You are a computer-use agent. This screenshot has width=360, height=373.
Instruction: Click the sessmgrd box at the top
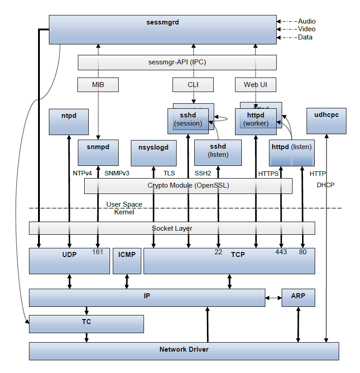[x=163, y=29]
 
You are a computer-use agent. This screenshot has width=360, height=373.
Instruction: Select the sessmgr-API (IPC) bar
[x=177, y=63]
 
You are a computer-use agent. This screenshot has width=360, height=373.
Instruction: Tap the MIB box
[x=98, y=85]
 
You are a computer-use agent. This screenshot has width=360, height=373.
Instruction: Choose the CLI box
[x=193, y=85]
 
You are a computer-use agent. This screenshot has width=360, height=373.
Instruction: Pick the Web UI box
[x=256, y=85]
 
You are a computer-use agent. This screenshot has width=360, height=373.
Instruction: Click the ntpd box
[x=69, y=121]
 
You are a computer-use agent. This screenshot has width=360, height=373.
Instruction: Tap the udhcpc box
[x=326, y=121]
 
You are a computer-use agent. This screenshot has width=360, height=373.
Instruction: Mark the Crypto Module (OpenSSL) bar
[x=188, y=186]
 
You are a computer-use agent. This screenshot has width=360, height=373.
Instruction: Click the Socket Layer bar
[x=172, y=228]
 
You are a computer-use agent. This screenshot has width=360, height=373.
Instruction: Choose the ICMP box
[x=127, y=261]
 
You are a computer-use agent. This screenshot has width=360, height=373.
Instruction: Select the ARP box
[x=298, y=297]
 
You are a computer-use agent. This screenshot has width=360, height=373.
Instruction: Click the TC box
[x=86, y=324]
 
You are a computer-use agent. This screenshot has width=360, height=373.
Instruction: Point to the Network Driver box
[x=184, y=351]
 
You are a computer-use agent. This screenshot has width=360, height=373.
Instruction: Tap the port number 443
[x=281, y=252]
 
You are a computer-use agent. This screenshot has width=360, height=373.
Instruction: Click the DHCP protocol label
[x=326, y=185]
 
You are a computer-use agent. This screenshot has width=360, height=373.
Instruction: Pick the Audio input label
[x=307, y=21]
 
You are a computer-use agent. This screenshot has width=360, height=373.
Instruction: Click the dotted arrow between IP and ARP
[x=273, y=298]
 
